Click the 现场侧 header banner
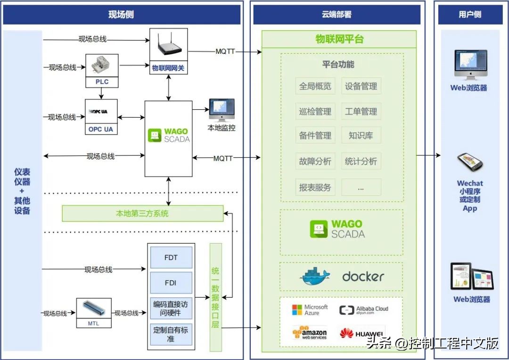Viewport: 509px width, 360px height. point(122,15)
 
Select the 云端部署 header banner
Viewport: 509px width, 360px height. point(337,15)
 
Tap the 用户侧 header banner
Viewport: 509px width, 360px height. point(470,15)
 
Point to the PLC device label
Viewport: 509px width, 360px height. point(102,82)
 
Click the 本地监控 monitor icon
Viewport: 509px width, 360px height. point(222,111)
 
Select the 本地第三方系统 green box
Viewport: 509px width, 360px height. point(142,213)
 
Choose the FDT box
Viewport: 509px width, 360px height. point(171,258)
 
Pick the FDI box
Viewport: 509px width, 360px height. point(171,283)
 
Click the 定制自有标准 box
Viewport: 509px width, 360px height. point(171,334)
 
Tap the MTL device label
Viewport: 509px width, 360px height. point(94,323)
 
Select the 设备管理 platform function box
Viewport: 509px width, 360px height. point(361,86)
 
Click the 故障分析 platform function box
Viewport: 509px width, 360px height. point(315,161)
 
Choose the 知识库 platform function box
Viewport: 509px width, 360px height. point(361,136)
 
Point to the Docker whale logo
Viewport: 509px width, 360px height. point(315,277)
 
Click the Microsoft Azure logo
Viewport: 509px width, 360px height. point(310,310)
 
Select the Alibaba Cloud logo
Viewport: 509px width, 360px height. point(363,310)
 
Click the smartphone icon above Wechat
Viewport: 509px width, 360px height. point(470,162)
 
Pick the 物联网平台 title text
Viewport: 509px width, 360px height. point(339,39)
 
